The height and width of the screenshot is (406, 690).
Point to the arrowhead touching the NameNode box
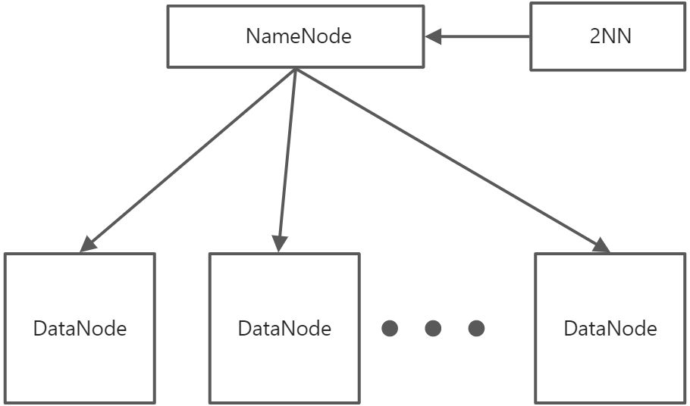[x=434, y=36]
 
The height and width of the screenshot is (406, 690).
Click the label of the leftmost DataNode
[x=80, y=329]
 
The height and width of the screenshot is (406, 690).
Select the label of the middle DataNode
[x=284, y=329]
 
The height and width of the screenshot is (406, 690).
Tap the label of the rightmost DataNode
[x=610, y=329]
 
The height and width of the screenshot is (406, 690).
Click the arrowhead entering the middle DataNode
[x=280, y=244]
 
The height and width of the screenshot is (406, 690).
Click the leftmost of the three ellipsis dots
[x=390, y=329]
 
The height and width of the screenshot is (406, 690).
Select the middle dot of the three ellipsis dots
[x=433, y=329]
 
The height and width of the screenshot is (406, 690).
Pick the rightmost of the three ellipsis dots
[x=476, y=329]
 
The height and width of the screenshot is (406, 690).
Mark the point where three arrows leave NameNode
[x=296, y=69]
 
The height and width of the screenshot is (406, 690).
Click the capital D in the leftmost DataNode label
[x=39, y=329]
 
